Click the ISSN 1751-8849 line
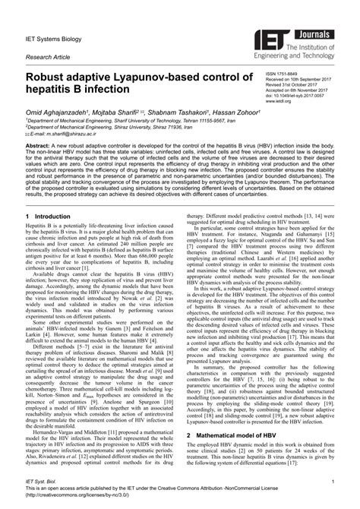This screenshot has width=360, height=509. pos(283,74)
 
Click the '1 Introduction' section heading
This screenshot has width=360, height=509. pos(47,217)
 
